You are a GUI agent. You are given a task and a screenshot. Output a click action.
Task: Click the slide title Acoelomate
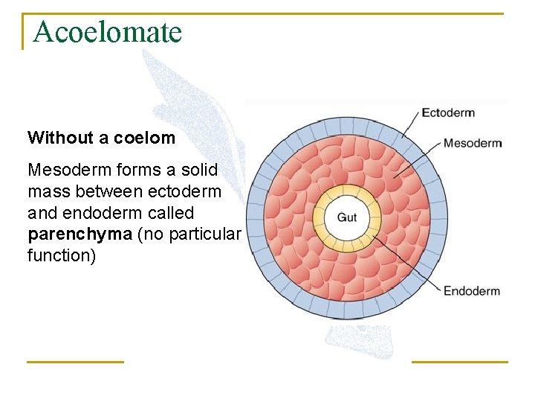[x=107, y=32]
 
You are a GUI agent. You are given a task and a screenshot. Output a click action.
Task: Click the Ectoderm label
[x=448, y=113]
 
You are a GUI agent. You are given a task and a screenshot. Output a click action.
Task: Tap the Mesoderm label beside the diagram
[x=473, y=143]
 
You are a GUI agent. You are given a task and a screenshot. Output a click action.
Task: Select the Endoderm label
[x=472, y=291]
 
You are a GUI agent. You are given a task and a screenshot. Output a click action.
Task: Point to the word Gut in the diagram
[x=347, y=217]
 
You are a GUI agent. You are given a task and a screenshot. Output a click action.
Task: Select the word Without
[x=59, y=138]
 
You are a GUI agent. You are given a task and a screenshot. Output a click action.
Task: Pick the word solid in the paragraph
[x=198, y=170]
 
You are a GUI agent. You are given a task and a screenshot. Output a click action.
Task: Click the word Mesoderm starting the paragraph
[x=65, y=170]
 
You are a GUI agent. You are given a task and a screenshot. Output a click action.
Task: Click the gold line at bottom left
[x=75, y=362]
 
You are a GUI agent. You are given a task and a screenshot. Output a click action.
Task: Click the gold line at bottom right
[x=459, y=362]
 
